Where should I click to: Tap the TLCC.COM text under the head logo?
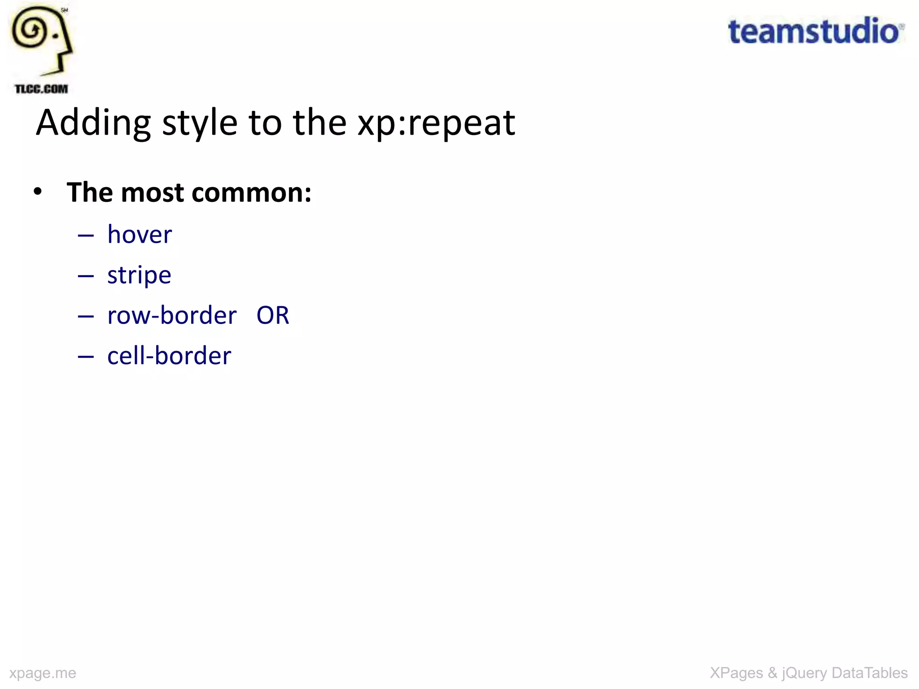pyautogui.click(x=41, y=89)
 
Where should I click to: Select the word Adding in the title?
pyautogui.click(x=93, y=123)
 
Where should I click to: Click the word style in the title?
pyautogui.click(x=199, y=123)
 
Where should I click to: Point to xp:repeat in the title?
pyautogui.click(x=436, y=123)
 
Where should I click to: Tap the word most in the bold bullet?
pyautogui.click(x=153, y=193)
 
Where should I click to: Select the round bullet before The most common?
pyautogui.click(x=38, y=192)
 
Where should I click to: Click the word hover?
pyautogui.click(x=140, y=235)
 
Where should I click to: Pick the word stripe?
pyautogui.click(x=139, y=275)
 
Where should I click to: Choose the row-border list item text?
pyautogui.click(x=172, y=315)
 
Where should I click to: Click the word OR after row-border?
pyautogui.click(x=273, y=315)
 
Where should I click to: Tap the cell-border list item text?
pyautogui.click(x=169, y=356)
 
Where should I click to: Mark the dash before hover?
pyautogui.click(x=86, y=235)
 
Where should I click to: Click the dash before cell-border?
pyautogui.click(x=86, y=357)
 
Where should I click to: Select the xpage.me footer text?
pyautogui.click(x=43, y=673)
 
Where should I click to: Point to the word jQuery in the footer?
pyautogui.click(x=804, y=673)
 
